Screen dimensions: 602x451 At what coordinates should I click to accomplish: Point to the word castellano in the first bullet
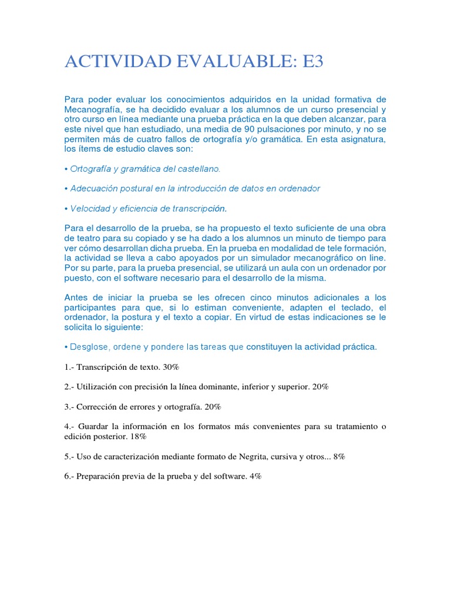pos(198,169)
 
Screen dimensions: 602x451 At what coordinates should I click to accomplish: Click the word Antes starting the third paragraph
pos(76,297)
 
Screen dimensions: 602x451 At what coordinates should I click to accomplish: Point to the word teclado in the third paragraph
pos(353,307)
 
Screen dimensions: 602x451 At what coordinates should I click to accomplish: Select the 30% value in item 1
pos(171,367)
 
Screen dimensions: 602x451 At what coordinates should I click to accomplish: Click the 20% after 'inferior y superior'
pos(321,386)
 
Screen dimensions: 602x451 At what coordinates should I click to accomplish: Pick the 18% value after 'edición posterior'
pos(139,437)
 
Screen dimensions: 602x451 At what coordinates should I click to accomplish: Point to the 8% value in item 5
pos(339,456)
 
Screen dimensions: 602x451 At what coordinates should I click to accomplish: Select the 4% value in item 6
pos(255,476)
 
